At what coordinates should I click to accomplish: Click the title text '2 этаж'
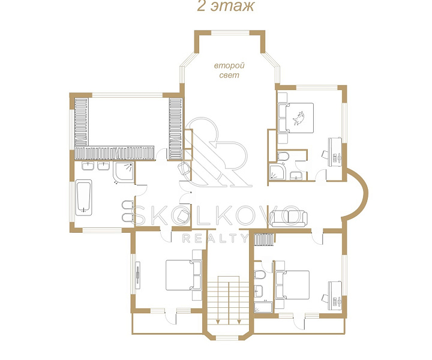tap(226, 6)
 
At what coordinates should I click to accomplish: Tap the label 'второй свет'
tap(229, 70)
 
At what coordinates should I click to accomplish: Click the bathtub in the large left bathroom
tap(84, 197)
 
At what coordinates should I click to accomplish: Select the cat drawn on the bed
tap(298, 118)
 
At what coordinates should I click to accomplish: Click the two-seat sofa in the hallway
tap(288, 218)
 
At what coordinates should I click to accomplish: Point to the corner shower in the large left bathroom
tap(124, 172)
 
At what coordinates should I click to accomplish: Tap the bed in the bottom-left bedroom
tap(183, 275)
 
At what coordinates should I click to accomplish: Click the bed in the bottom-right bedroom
tap(292, 285)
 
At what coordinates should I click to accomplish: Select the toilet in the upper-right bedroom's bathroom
tap(283, 156)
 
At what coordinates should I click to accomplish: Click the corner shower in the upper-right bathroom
tap(277, 172)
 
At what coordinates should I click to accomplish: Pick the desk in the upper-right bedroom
tap(334, 152)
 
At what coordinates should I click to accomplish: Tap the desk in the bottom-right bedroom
tap(334, 296)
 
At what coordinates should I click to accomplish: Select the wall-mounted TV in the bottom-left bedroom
tap(138, 275)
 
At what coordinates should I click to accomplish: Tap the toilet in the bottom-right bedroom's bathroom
tap(260, 275)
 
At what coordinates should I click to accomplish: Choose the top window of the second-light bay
tap(230, 33)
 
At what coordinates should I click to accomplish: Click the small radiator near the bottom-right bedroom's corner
tap(264, 239)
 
